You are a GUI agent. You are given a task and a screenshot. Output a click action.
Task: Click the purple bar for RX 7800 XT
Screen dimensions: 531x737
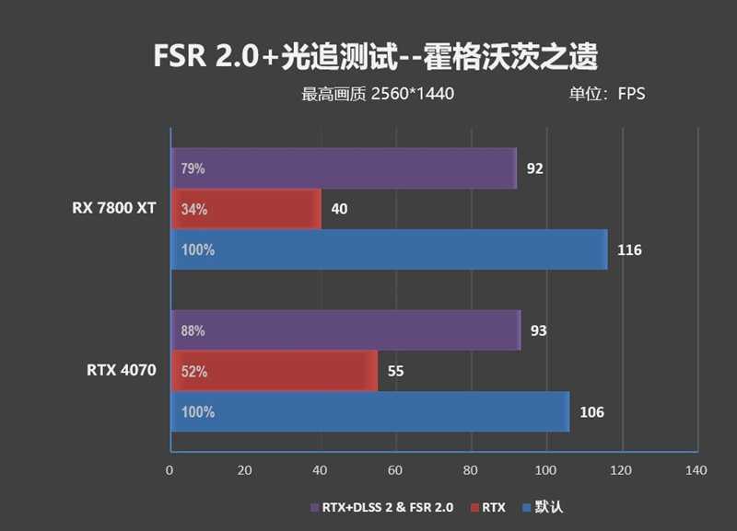[343, 168]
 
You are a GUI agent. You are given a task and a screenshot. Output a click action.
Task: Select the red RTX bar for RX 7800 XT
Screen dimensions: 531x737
[245, 209]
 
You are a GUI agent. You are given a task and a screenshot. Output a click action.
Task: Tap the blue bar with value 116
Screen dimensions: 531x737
[388, 249]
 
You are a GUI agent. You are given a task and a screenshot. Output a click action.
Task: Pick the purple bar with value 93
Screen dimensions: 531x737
[345, 330]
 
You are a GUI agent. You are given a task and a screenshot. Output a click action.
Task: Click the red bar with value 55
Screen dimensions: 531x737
[274, 371]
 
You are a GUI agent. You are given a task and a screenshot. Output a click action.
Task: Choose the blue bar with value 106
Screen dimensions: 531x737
[369, 411]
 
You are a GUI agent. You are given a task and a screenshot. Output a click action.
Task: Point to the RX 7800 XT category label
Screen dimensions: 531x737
[114, 208]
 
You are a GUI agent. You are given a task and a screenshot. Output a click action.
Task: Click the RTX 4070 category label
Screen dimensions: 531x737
[122, 371]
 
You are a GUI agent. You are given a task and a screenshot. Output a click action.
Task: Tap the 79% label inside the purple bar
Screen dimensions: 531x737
[193, 169]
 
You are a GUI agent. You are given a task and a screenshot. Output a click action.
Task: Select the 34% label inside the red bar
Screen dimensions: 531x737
[193, 210]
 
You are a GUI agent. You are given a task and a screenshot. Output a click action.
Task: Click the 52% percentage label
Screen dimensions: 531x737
[193, 372]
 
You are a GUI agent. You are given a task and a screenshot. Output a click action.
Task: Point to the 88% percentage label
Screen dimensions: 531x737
[193, 331]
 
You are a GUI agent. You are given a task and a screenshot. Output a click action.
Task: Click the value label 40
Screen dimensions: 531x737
[339, 210]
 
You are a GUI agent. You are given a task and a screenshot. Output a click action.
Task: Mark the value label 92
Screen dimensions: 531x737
[534, 169]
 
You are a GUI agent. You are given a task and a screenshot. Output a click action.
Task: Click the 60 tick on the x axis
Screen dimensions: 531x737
[395, 470]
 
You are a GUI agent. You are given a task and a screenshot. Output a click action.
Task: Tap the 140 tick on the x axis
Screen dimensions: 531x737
[696, 470]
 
